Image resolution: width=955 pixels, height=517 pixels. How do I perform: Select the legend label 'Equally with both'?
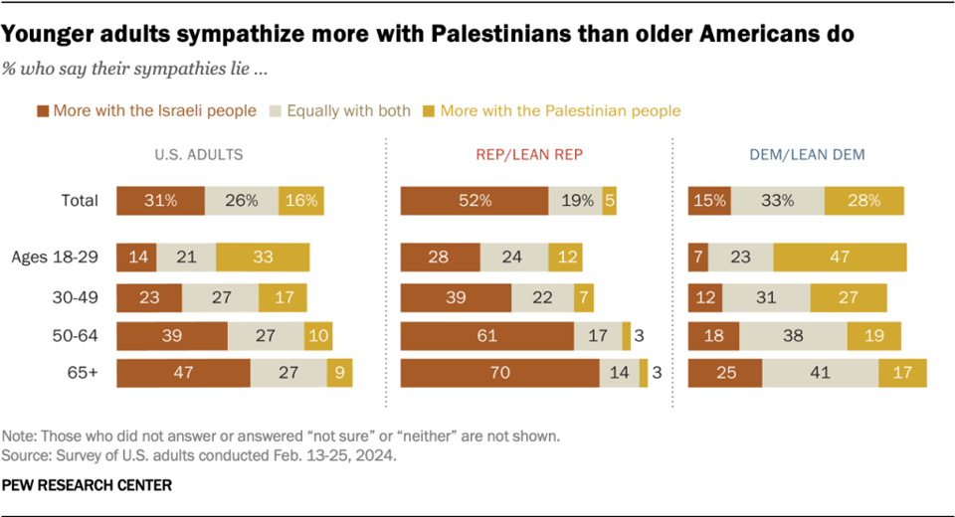348,110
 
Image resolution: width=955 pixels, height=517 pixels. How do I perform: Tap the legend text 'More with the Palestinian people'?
560,110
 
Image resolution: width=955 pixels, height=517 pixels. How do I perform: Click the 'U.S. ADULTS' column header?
199,155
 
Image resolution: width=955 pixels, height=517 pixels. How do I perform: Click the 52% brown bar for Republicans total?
475,200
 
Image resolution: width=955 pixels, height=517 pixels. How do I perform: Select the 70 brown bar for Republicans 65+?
499,374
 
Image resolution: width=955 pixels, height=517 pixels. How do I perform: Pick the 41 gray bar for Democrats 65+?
820,374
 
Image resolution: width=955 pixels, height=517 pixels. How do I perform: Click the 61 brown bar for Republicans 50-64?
486,336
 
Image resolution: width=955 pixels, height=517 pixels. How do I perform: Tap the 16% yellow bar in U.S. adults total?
300,200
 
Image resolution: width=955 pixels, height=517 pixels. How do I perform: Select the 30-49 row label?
76,297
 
